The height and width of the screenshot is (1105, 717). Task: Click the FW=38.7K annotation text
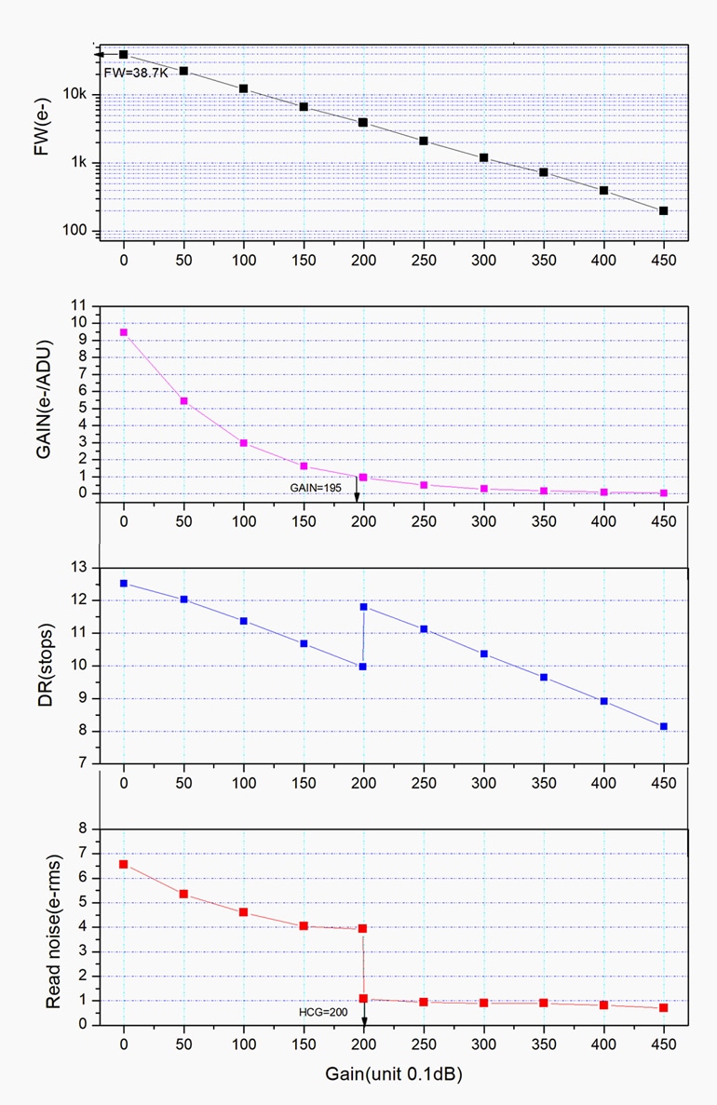tap(136, 72)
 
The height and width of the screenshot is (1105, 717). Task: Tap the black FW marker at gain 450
tap(664, 211)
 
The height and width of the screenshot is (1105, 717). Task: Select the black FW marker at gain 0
tap(124, 55)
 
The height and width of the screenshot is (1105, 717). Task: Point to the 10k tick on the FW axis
tap(74, 95)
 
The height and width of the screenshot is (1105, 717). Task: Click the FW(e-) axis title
tap(42, 140)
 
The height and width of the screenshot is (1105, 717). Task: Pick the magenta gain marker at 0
tap(124, 332)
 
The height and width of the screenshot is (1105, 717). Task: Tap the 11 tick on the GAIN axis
tap(78, 305)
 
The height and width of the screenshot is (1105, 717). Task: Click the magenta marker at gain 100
tap(244, 443)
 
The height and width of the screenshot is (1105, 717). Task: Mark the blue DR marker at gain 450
tap(664, 726)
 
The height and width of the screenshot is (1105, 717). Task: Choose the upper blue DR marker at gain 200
tap(364, 607)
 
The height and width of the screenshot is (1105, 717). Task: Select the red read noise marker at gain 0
tap(124, 865)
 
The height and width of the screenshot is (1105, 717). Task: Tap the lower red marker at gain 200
tap(363, 998)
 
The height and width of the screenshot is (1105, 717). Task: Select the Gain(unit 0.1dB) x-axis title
tap(393, 1073)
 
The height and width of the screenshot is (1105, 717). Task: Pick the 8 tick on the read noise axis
tap(82, 829)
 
